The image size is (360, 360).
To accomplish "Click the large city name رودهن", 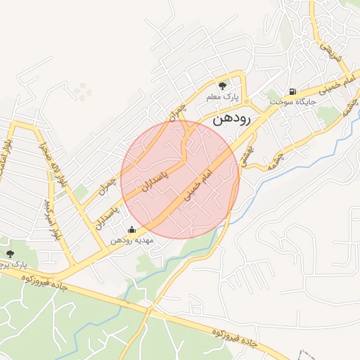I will (x=231, y=120).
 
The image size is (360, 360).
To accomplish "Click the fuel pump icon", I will (x=292, y=91).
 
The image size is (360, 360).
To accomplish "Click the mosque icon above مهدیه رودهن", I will (x=131, y=229).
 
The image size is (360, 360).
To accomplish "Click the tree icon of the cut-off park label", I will (x=9, y=254).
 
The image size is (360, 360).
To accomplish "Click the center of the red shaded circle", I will (x=180, y=179).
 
